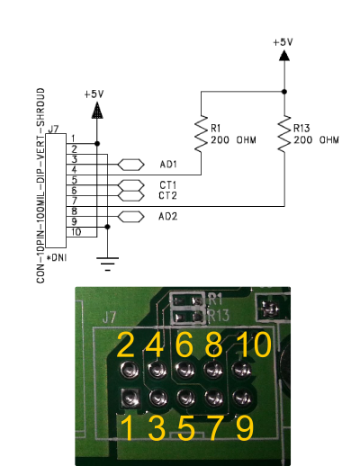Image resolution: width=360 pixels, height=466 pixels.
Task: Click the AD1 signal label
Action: click(168, 165)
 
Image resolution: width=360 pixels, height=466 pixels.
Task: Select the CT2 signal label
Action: click(167, 195)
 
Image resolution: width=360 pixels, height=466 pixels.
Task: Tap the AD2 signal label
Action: click(167, 216)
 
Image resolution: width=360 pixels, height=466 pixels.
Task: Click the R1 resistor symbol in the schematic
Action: click(201, 133)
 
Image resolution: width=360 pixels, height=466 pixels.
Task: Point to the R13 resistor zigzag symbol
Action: click(284, 133)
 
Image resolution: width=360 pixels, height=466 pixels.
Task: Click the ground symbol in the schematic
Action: click(107, 264)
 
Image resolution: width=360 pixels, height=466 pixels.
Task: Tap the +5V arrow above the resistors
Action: click(284, 56)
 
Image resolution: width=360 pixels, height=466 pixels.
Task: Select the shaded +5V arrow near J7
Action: click(96, 111)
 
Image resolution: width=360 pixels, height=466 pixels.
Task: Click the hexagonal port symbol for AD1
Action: click(130, 165)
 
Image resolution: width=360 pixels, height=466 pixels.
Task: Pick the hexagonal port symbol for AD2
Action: click(130, 217)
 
